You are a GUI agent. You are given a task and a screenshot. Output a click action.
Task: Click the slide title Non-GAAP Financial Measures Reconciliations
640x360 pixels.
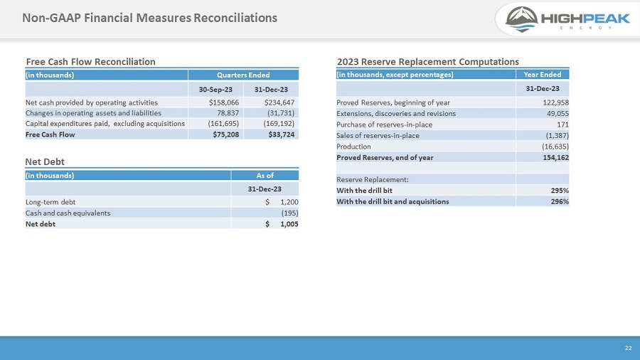(x=149, y=17)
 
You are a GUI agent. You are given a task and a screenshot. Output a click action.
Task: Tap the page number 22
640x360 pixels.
(x=628, y=348)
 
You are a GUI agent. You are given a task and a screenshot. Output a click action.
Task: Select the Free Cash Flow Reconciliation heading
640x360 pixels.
(x=90, y=62)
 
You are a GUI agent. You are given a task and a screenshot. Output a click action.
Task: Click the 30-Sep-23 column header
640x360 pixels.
(x=214, y=89)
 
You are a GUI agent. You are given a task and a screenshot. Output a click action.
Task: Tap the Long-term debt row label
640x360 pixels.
(x=50, y=202)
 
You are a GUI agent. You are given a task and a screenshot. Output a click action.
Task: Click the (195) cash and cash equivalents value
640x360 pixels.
(x=289, y=213)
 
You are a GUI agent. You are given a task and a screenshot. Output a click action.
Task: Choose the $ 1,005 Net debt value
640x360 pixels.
(x=282, y=224)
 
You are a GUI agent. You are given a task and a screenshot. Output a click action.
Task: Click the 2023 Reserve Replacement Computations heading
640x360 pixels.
(x=427, y=62)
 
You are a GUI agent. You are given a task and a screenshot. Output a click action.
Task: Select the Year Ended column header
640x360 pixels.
(x=542, y=75)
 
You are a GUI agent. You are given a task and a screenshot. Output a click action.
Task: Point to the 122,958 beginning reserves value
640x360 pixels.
(x=555, y=102)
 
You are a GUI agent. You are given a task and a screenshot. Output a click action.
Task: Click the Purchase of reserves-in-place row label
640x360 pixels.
(x=384, y=125)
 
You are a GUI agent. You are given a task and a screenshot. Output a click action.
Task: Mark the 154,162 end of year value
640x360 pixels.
(x=555, y=157)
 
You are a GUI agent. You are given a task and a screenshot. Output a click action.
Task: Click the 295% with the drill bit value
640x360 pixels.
(x=559, y=191)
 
